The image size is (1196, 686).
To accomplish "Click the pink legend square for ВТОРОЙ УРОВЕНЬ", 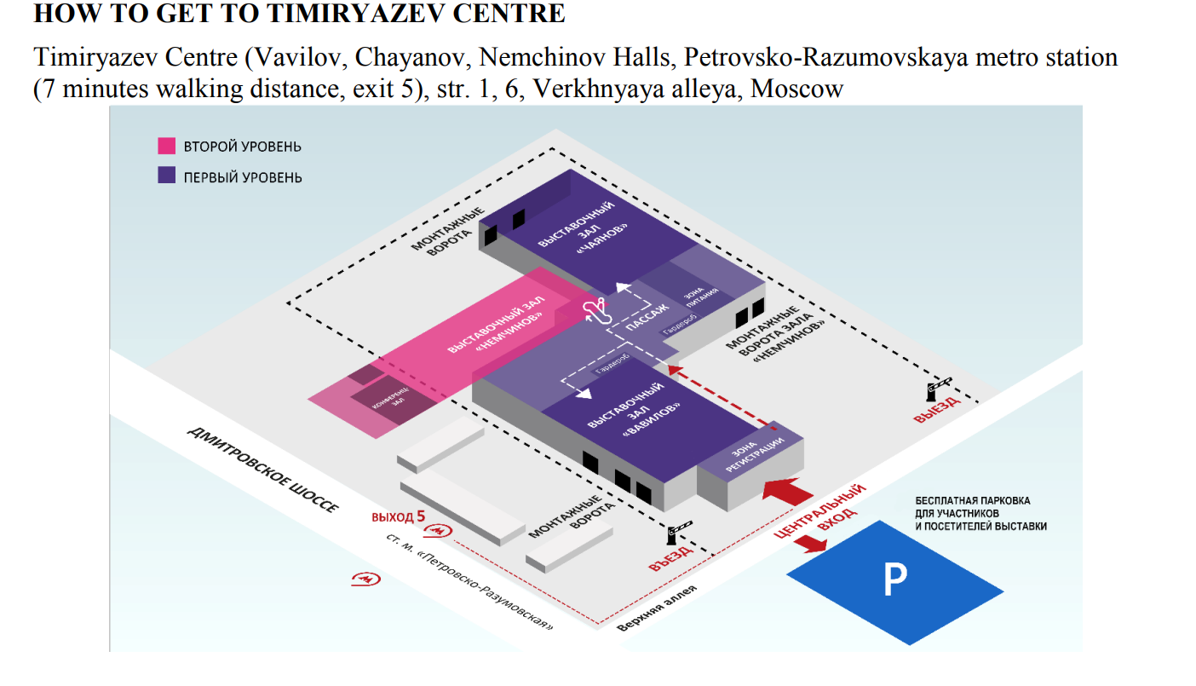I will click(166, 146).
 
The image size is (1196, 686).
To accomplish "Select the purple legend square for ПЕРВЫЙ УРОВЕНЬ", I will click(166, 176).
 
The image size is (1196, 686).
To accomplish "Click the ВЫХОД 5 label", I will click(397, 516).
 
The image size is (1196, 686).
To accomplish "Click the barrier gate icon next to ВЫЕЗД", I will click(936, 388).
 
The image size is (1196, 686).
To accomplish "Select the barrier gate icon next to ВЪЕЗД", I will click(677, 533).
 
